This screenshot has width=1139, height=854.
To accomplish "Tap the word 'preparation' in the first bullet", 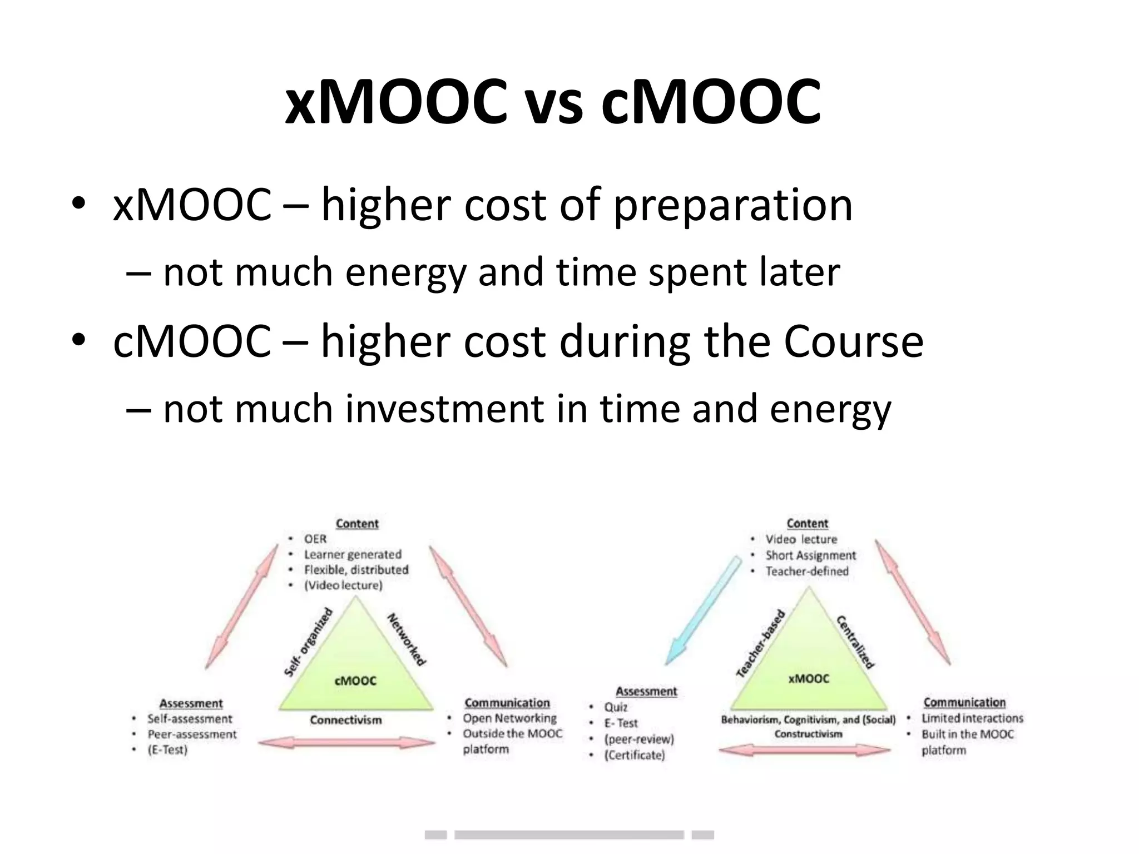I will tap(732, 205).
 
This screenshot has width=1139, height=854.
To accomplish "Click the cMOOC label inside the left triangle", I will tap(355, 681).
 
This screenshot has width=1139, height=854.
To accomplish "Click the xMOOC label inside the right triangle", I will tap(809, 679).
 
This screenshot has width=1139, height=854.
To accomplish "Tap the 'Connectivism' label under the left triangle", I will tap(346, 721).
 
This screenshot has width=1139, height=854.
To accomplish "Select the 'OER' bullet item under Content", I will tap(315, 539).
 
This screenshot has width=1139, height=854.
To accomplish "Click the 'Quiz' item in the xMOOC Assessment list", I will tap(616, 707).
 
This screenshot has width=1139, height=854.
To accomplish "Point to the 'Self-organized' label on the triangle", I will tap(308, 643).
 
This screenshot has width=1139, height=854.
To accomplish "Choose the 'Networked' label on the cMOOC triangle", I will tap(407, 639).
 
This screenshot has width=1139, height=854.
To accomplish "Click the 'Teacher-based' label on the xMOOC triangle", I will tap(761, 643).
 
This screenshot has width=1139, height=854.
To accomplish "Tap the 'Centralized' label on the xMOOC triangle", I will tap(855, 642).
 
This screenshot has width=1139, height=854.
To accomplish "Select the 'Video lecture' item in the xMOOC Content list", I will tap(801, 539).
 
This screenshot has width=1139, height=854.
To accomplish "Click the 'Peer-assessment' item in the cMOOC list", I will tap(192, 734).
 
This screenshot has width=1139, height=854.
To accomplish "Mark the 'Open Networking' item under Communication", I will tap(509, 718).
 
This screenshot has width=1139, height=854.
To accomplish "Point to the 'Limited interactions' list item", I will tap(972, 718).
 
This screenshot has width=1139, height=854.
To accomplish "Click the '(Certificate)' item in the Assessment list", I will tap(635, 755).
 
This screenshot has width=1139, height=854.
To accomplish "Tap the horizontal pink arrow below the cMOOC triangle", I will tap(346, 743).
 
